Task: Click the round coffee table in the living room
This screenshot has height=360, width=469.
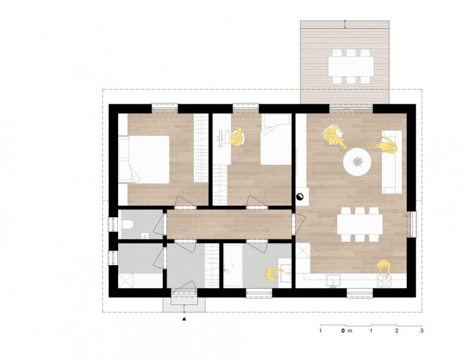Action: click(357, 162)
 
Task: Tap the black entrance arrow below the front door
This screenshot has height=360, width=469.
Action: click(184, 319)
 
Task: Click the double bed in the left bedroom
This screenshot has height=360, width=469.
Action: click(144, 159)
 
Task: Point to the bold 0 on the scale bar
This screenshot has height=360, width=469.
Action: click(343, 331)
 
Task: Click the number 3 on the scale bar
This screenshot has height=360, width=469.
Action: click(422, 331)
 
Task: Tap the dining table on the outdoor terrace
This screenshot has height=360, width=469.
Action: click(351, 67)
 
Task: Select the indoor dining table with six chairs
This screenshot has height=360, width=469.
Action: click(360, 224)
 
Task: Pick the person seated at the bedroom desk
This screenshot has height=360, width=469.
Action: click(237, 137)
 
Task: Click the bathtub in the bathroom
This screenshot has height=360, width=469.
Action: click(233, 265)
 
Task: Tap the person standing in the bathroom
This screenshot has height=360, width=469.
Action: click(273, 274)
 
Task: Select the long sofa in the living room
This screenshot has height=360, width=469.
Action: click(392, 162)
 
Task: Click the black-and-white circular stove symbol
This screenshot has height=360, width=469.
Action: click(299, 197)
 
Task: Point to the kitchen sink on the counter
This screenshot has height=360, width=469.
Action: click(333, 281)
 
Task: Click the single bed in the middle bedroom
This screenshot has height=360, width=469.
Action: click(276, 139)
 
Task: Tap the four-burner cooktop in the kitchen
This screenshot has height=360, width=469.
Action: click(384, 280)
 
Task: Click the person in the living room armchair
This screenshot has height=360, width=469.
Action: click(333, 135)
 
